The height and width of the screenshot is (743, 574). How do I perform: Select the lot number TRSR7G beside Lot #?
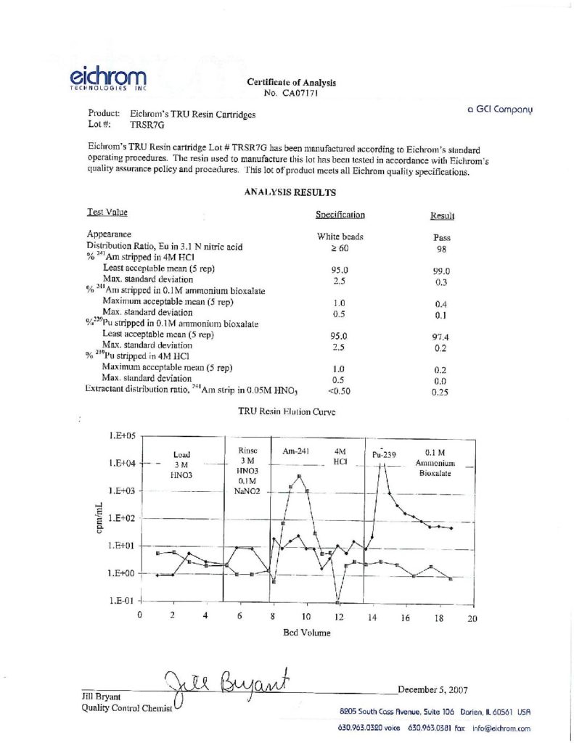[144, 125]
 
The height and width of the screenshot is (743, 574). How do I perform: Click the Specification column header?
[340, 215]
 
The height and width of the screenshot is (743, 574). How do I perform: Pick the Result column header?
[442, 216]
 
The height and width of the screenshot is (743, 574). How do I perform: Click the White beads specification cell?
[340, 237]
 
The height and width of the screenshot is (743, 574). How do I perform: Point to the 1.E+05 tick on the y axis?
[122, 436]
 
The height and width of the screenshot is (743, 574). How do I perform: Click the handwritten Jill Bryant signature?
[226, 685]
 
